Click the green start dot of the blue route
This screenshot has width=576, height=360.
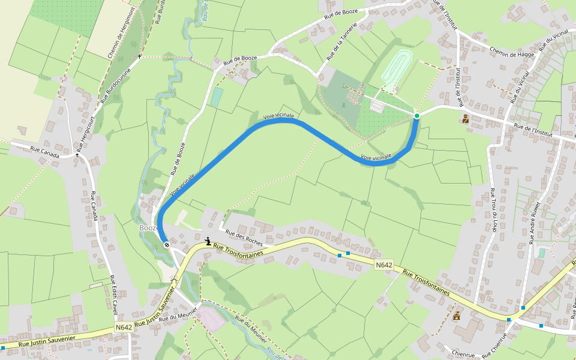click(416, 115)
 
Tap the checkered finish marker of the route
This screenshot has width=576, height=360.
click(166, 244)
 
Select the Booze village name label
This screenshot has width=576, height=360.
click(148, 228)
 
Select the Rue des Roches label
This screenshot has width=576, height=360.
click(244, 238)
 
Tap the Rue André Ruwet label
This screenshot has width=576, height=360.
click(535, 222)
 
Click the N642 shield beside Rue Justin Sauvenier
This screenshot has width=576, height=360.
click(124, 327)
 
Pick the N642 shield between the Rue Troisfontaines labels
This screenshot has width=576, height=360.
click(384, 265)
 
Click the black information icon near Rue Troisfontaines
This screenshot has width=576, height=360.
click(208, 241)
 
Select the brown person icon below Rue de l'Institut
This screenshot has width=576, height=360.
click(466, 119)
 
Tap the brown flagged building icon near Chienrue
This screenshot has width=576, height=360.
click(457, 316)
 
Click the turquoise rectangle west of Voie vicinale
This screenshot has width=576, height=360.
click(217, 97)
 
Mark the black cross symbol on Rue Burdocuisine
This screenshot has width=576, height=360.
click(140, 56)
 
